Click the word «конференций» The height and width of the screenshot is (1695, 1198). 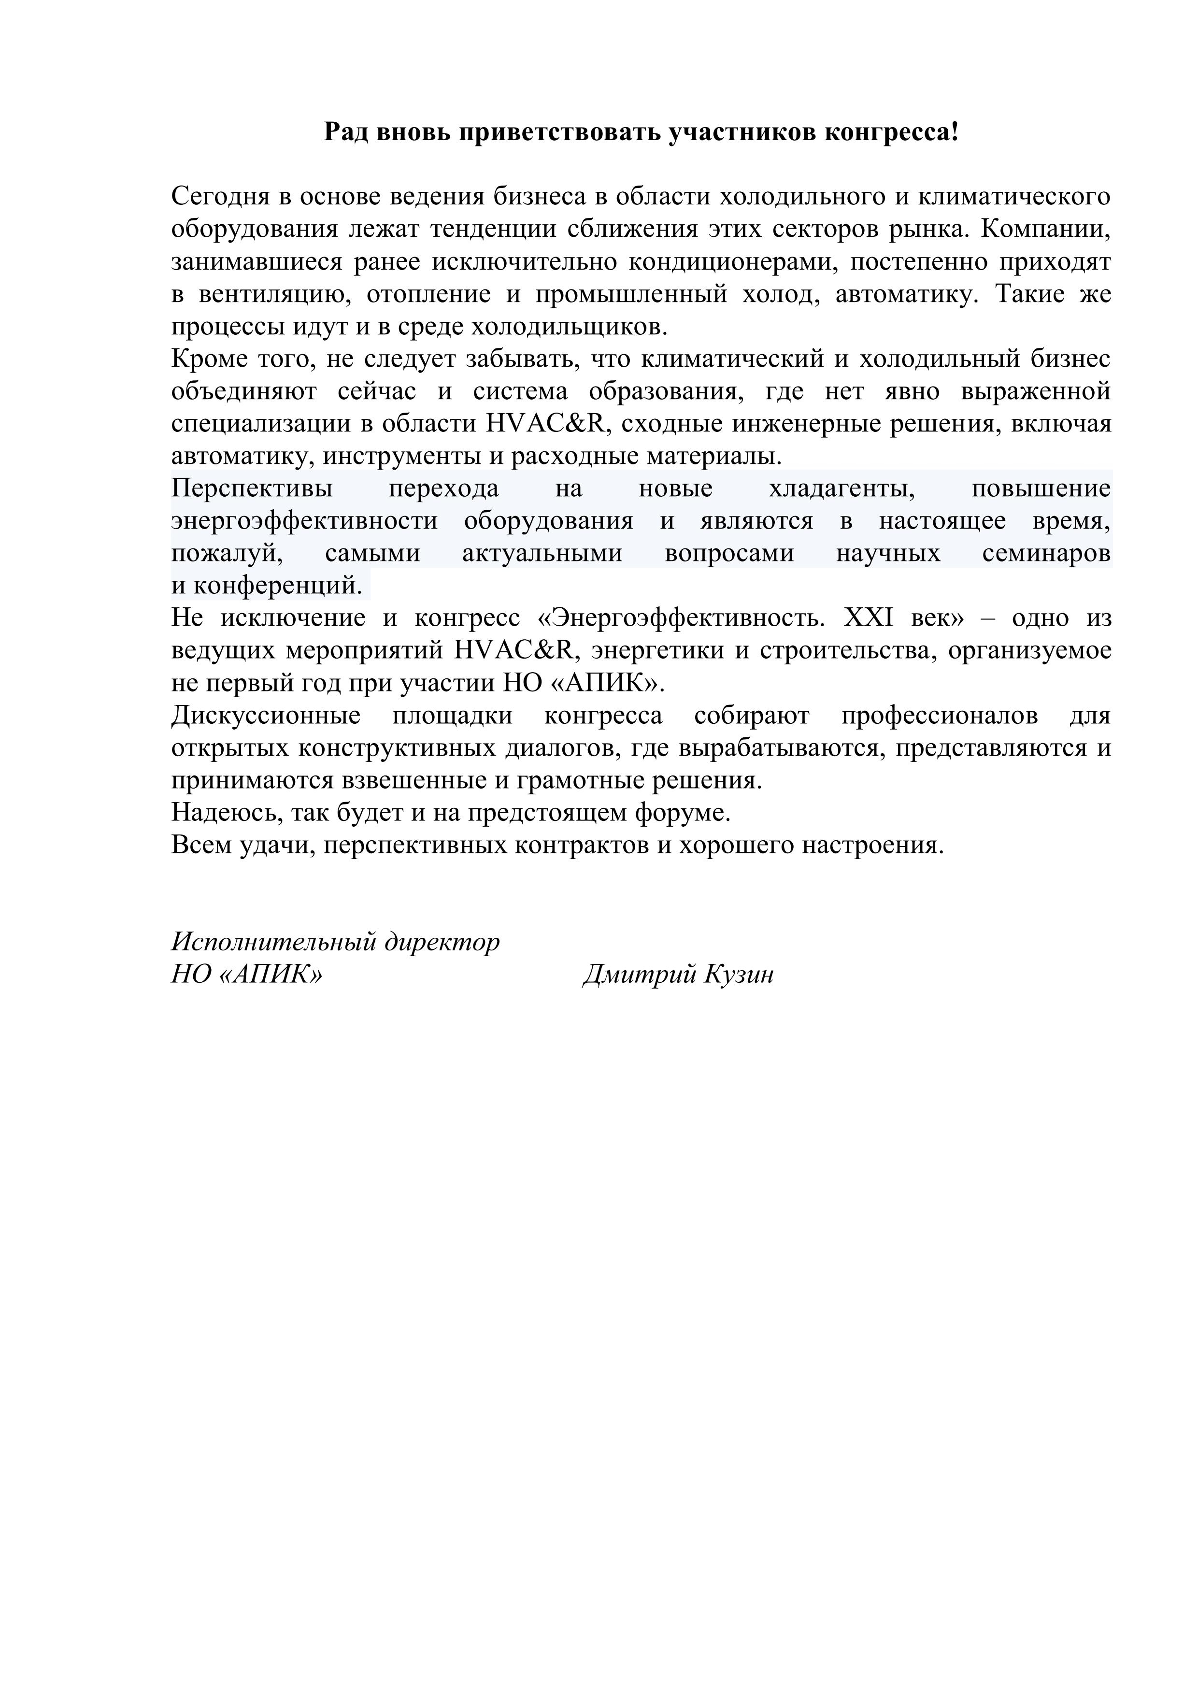(x=278, y=586)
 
